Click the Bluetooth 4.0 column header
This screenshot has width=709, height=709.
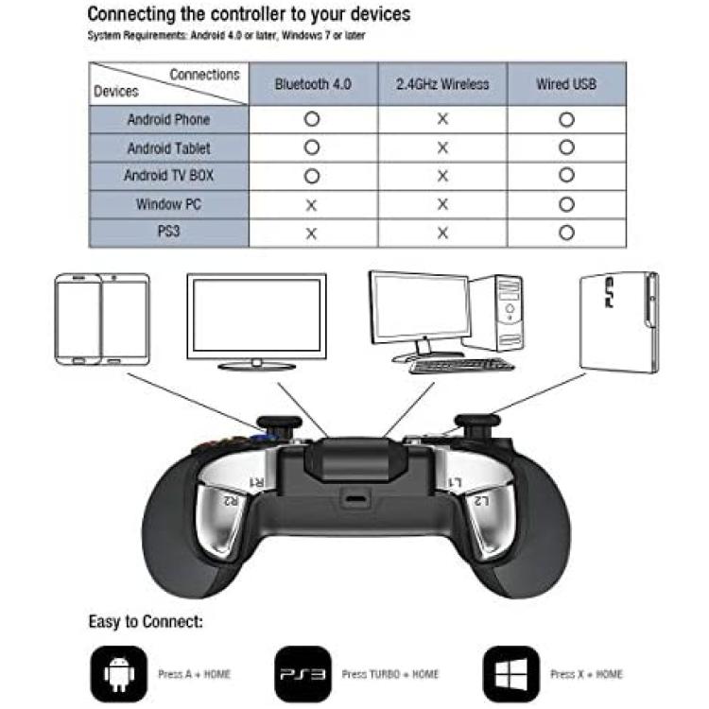(313, 84)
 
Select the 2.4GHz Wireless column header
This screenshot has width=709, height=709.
(442, 84)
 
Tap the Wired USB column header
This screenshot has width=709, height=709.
(566, 84)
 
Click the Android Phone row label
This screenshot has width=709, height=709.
(168, 120)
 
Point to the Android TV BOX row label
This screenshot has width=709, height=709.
(168, 176)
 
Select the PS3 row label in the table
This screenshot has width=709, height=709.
(168, 232)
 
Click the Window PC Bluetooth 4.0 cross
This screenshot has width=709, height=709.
(311, 206)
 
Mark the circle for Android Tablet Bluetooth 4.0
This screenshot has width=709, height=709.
(312, 147)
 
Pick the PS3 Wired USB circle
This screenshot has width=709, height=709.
(566, 233)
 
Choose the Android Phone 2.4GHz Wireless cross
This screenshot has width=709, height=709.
(442, 119)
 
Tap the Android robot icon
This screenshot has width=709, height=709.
(119, 674)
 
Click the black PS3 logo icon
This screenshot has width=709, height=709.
(303, 674)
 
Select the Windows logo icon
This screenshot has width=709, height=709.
(511, 674)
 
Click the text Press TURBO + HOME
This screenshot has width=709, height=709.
(390, 674)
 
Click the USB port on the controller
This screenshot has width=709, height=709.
(356, 500)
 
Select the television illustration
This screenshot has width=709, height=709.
(256, 321)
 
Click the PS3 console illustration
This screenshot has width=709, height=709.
(619, 322)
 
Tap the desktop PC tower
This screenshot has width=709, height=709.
(497, 312)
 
